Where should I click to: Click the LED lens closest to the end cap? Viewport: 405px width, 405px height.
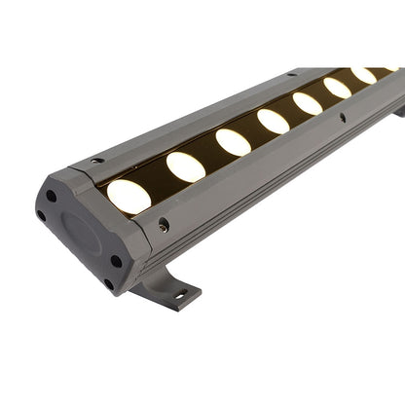point(129,197)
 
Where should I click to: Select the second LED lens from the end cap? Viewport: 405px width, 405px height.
point(185,166)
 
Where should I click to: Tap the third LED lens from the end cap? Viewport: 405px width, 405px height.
point(233,142)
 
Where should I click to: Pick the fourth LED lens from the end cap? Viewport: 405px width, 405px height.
point(273,121)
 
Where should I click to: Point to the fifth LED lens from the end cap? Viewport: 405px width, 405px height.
point(308,103)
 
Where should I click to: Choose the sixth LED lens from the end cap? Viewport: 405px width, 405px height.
point(337,88)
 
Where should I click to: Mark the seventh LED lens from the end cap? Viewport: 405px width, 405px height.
point(363,75)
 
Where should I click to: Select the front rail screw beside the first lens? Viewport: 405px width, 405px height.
point(164,225)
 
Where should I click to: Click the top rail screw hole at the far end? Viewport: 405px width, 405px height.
point(289,74)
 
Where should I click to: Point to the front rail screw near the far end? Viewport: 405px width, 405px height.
point(342,118)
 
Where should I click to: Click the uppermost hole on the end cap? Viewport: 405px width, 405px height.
point(51,196)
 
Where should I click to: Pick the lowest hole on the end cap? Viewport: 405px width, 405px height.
point(108,282)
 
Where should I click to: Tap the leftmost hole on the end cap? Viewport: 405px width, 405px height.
point(41,215)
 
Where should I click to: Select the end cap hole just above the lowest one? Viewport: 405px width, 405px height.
point(116,261)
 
